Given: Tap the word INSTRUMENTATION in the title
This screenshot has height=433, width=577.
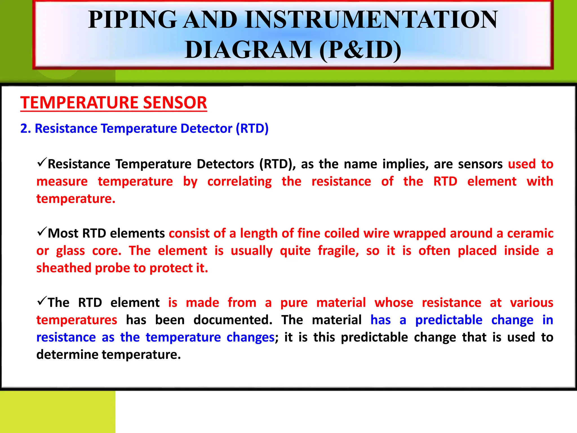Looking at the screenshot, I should click(371, 20).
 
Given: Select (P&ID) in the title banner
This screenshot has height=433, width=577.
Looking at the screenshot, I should click(360, 50).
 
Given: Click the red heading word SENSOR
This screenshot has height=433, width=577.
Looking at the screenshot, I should click(175, 103).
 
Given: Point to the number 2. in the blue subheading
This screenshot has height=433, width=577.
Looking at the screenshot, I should click(25, 129).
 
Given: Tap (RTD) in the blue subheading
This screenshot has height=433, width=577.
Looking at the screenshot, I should click(252, 129).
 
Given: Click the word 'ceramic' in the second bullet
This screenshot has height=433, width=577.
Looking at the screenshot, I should click(530, 233).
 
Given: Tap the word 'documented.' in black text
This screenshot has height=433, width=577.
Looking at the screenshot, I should click(233, 320).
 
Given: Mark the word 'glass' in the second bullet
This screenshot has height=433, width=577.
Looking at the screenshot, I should click(70, 251).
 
